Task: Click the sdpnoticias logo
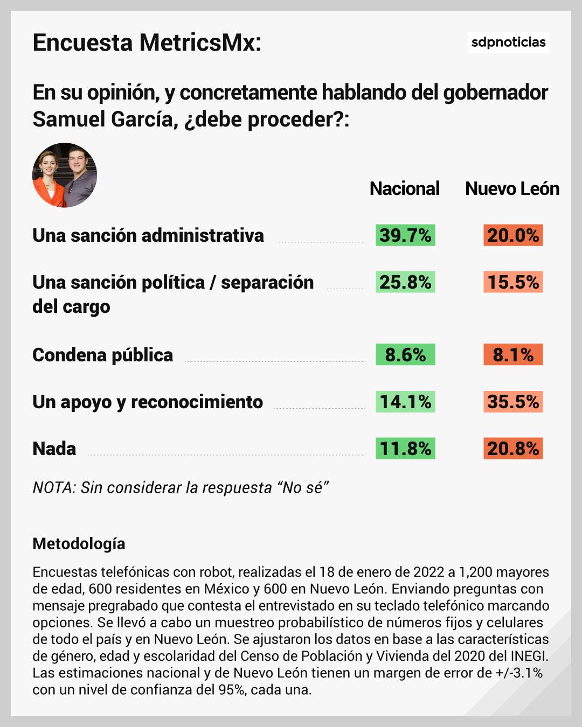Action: point(508,42)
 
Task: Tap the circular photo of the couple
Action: point(65,175)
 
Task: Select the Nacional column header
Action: point(404,188)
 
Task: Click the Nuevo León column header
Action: point(512,188)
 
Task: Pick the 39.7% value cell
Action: point(405,235)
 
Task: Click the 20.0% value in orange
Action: point(513,235)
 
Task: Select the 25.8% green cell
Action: point(405,282)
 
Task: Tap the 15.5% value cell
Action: point(513,282)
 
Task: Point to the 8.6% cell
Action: point(405,355)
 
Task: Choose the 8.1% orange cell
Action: point(513,355)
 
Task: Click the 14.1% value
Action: point(405,402)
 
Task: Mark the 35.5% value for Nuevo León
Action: point(513,402)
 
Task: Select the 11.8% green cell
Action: point(405,449)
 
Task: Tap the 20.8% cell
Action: point(513,449)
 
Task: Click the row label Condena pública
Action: point(102,355)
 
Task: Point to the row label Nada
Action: point(54,449)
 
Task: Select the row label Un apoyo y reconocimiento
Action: point(148,402)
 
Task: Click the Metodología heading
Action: point(79,543)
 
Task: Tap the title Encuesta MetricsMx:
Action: point(147,43)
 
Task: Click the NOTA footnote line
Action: point(181,487)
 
